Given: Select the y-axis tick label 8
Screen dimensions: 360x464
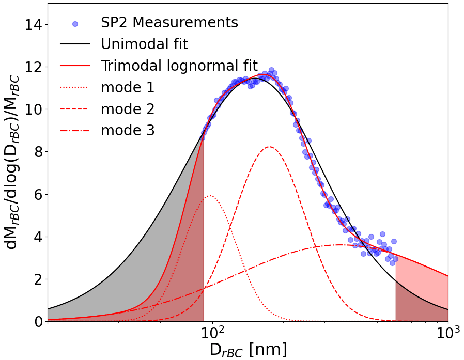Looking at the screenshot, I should coord(37,152).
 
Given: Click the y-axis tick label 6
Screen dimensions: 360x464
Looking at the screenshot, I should coord(37,194).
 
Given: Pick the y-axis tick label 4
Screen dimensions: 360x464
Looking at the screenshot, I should coord(37,237).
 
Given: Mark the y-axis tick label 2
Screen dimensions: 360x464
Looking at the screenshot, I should coord(37,279).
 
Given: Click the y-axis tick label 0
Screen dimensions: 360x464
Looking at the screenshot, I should coord(37,322).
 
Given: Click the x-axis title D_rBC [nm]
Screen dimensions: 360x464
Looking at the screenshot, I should coord(248,350).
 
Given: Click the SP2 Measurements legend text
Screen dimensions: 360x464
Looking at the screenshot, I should coord(169,23).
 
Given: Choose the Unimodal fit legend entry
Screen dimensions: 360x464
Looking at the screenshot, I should coord(144,44).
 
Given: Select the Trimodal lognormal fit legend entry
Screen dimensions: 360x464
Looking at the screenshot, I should coord(179,66).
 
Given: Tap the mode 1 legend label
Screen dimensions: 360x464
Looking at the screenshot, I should coord(128,87).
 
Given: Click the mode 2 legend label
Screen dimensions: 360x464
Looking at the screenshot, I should coord(128,109).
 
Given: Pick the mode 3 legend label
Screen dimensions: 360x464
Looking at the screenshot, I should coord(128,130).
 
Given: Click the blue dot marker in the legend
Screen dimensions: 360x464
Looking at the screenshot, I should coord(75,24).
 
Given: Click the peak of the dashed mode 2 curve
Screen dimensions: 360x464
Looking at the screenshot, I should coord(269,147).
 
